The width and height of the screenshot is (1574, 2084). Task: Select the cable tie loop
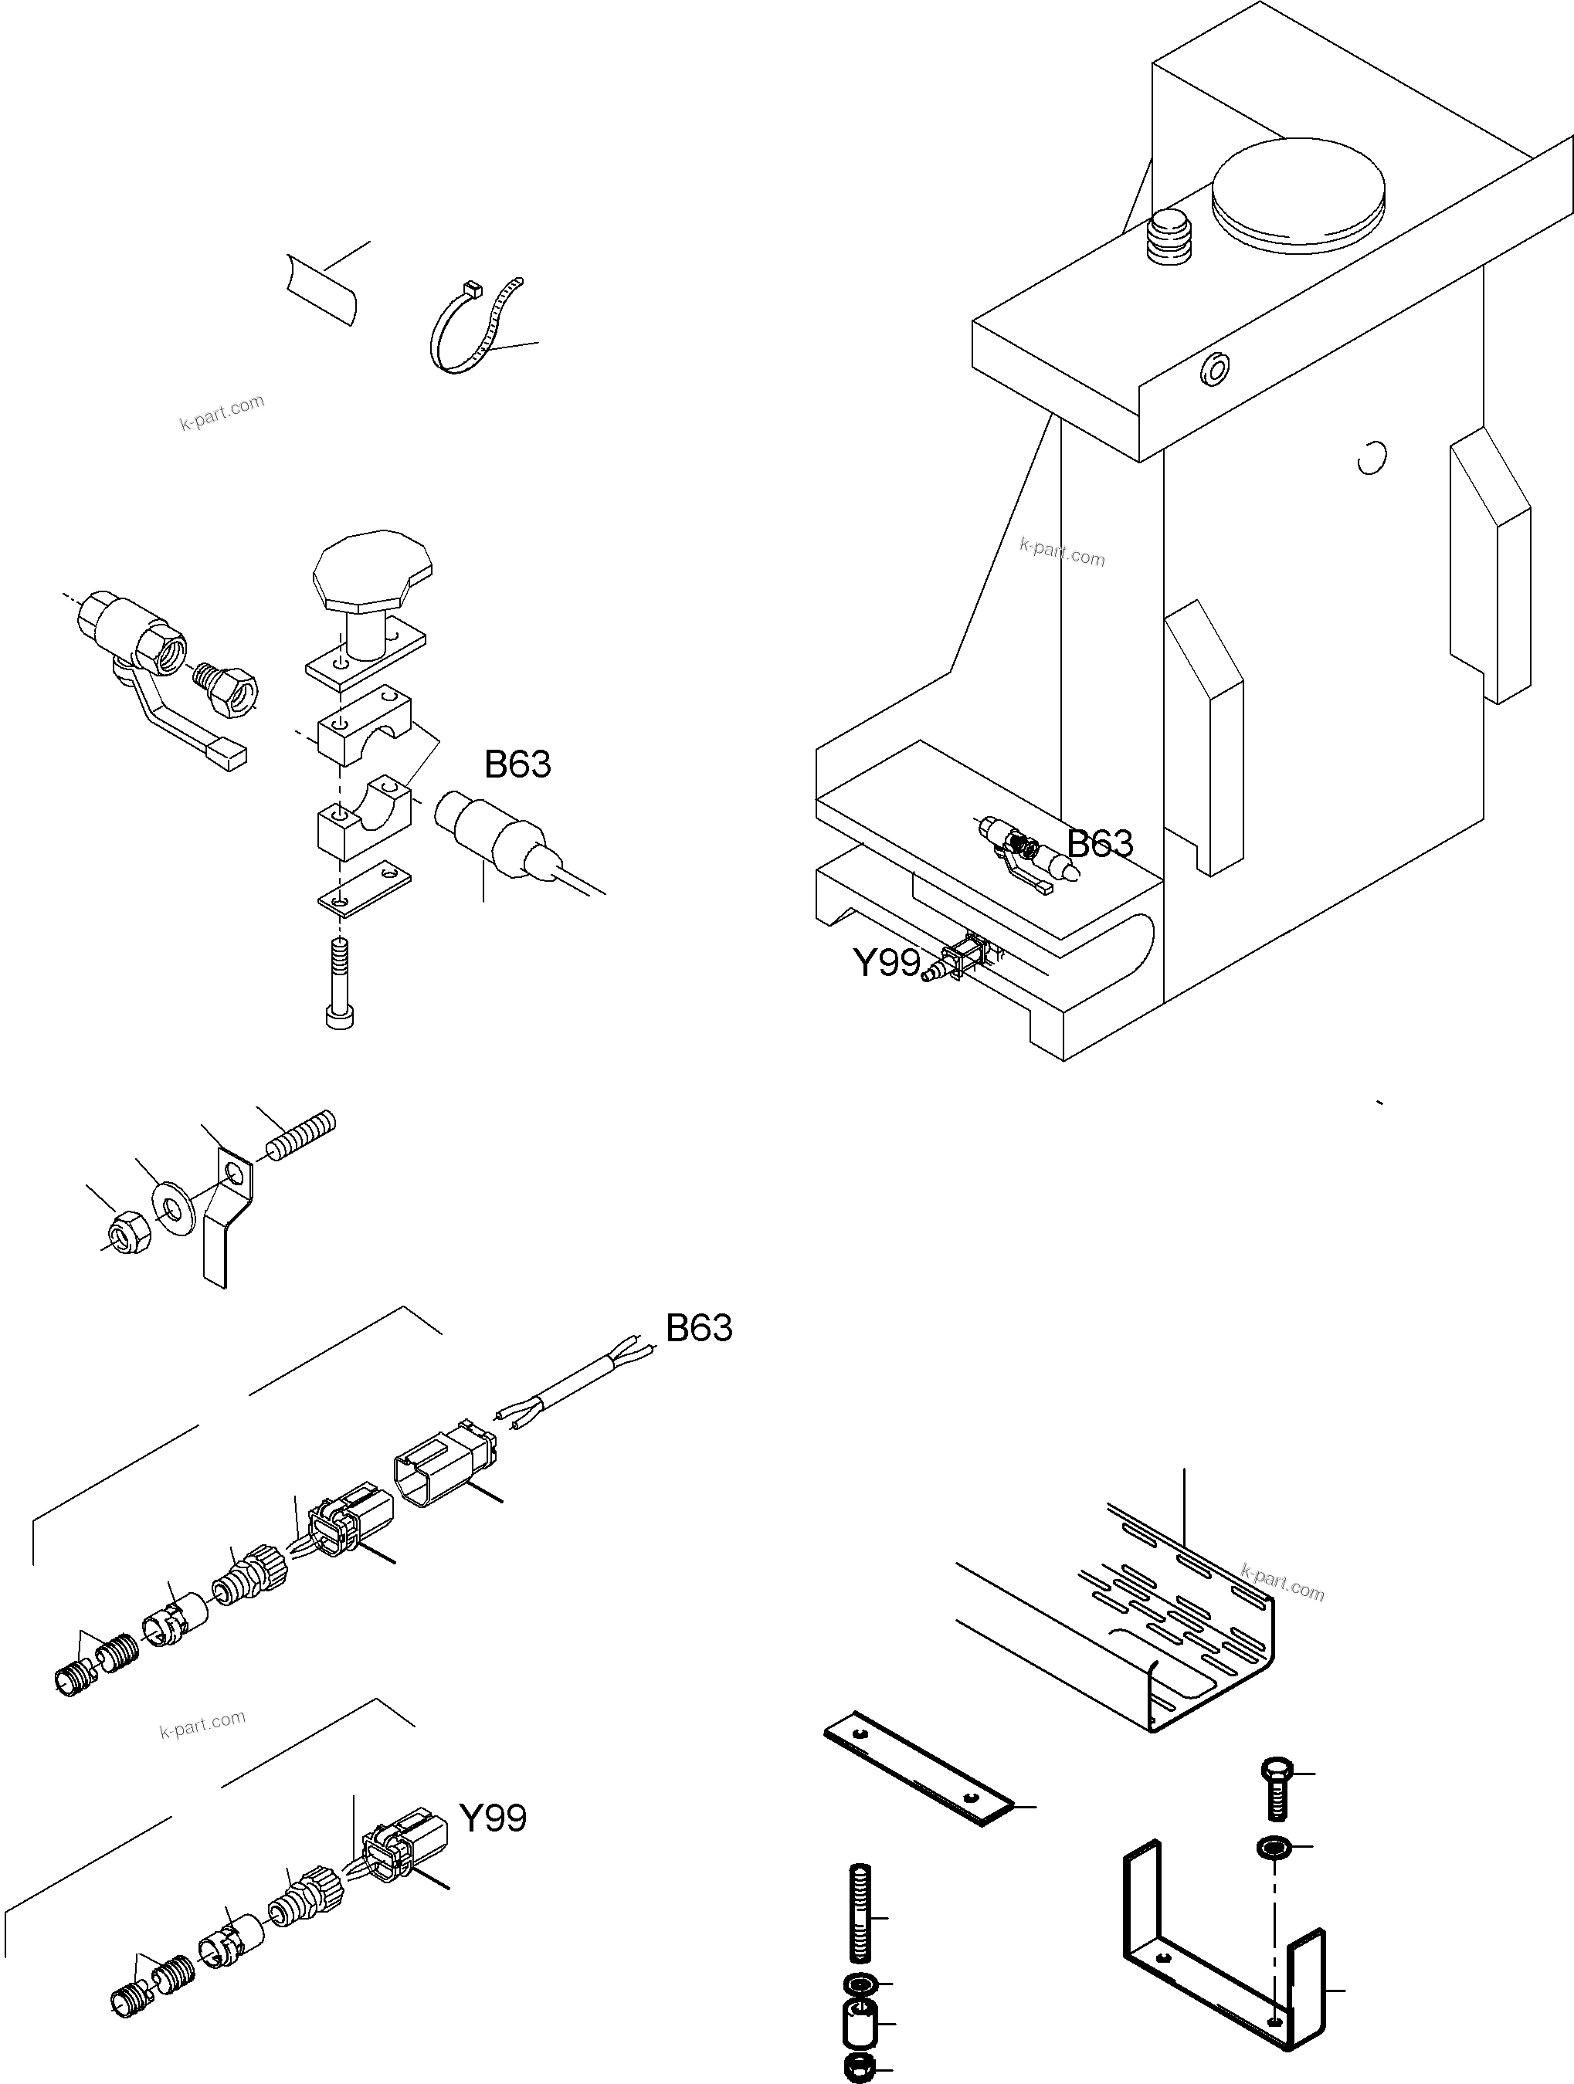tap(471, 330)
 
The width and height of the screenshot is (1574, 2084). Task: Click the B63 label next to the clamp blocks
tap(517, 765)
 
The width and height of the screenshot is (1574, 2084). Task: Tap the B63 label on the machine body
tap(1100, 844)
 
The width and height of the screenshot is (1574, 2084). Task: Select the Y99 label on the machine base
tap(886, 964)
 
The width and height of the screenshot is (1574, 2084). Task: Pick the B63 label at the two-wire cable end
tap(698, 1328)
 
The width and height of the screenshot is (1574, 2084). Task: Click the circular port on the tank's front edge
tap(1215, 371)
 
